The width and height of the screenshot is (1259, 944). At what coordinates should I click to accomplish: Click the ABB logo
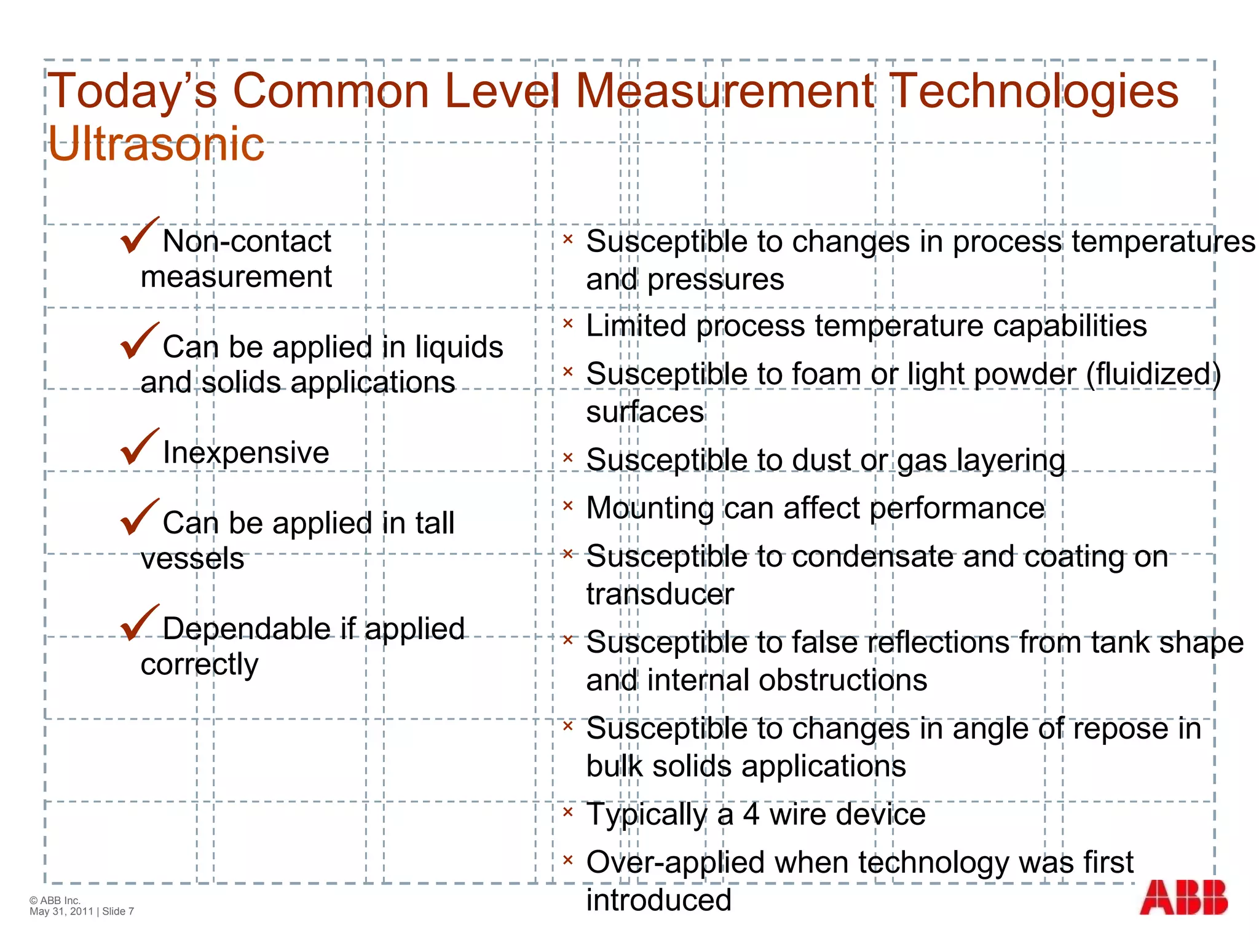[x=1183, y=897]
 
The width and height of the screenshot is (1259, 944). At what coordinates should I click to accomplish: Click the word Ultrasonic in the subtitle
[x=156, y=144]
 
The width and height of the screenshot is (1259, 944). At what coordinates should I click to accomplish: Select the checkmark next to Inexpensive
[x=140, y=447]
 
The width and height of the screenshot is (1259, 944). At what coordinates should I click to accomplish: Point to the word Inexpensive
[x=246, y=453]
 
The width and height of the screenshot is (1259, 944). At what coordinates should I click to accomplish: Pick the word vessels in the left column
[x=192, y=559]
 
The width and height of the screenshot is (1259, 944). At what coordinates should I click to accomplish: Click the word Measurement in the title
[x=725, y=91]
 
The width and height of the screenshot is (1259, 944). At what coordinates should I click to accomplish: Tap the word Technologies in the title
[x=1034, y=91]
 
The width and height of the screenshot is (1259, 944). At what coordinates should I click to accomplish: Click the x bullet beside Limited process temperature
[x=568, y=323]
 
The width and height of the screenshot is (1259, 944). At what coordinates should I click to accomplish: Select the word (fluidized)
[x=1153, y=374]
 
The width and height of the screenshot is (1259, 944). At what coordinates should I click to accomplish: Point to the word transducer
[x=660, y=594]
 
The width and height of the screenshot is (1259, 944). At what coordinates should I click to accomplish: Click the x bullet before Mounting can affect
[x=568, y=506]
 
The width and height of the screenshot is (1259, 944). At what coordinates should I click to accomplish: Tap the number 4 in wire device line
[x=751, y=815]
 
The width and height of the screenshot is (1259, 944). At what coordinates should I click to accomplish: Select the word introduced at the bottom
[x=658, y=900]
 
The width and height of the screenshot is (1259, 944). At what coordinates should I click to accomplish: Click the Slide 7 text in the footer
[x=118, y=911]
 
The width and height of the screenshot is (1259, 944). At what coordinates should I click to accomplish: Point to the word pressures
[x=716, y=280]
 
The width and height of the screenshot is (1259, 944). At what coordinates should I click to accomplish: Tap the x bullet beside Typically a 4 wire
[x=568, y=812]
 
